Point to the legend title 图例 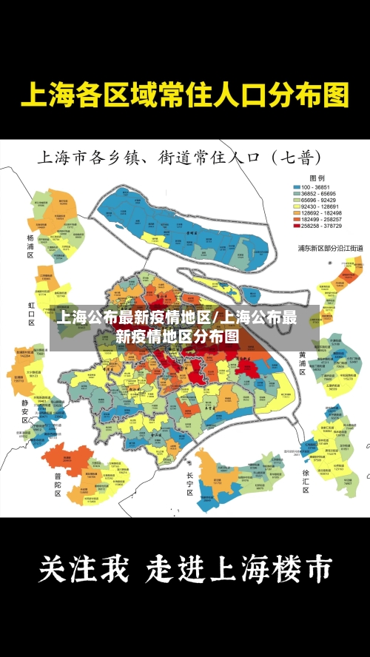click(x=317, y=178)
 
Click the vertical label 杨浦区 click(x=30, y=246)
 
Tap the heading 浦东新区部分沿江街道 click(x=330, y=248)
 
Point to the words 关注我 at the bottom click(x=83, y=570)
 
